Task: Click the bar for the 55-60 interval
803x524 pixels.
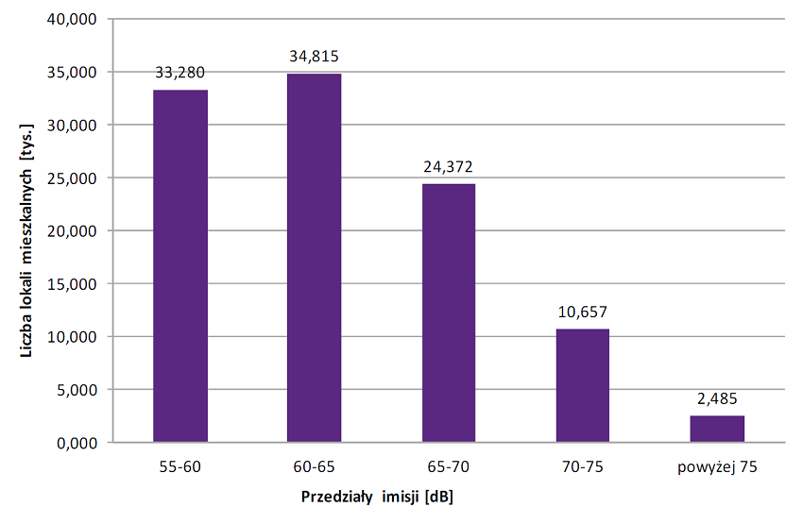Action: (x=180, y=265)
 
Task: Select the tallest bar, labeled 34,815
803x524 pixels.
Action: (x=314, y=258)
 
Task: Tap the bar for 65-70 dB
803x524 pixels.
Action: (x=448, y=313)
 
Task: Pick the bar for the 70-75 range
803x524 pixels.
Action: (x=582, y=385)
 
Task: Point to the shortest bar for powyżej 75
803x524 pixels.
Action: (x=717, y=429)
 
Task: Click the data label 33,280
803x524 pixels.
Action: (x=180, y=72)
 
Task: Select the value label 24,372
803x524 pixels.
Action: (x=448, y=166)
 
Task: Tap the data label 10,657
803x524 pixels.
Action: (x=582, y=312)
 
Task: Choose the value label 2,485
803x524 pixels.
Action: (x=717, y=398)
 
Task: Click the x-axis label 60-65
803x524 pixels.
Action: (x=314, y=465)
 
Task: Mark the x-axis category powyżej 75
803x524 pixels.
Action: (x=717, y=465)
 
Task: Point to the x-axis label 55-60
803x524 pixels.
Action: (x=180, y=465)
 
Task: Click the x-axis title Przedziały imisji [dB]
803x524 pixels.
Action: (x=384, y=497)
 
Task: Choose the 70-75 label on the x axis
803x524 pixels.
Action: (x=582, y=465)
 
